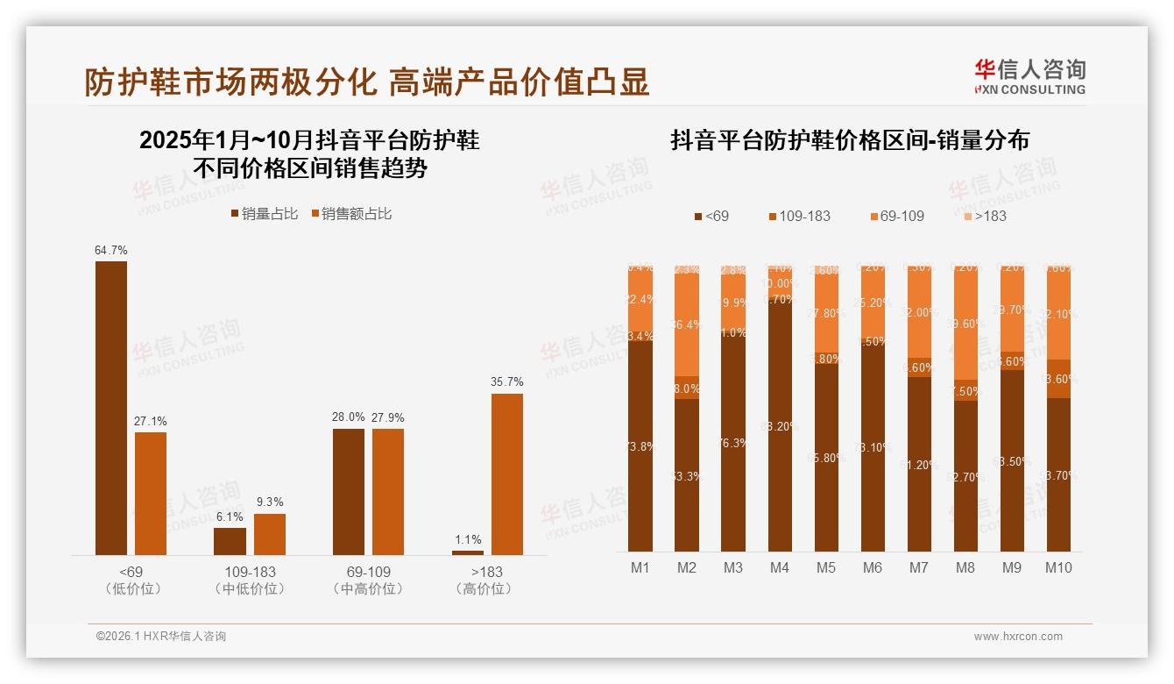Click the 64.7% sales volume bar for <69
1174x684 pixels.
(x=111, y=408)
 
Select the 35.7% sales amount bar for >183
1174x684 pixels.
(x=506, y=474)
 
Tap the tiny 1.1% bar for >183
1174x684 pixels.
(x=467, y=552)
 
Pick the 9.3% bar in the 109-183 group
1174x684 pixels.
(x=270, y=534)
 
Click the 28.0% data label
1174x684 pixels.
(x=349, y=417)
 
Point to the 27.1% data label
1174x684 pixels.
(x=151, y=421)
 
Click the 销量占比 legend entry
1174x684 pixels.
(x=265, y=214)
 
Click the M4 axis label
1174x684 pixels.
(x=779, y=567)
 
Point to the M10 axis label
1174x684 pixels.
(x=1058, y=567)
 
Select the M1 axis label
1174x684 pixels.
(x=640, y=567)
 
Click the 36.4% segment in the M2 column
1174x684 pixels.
(x=687, y=324)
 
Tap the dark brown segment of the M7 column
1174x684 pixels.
(x=919, y=464)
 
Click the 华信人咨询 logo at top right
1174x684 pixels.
(x=1029, y=76)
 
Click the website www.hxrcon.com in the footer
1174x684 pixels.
(x=1018, y=637)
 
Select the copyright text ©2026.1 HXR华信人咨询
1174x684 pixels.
(x=160, y=637)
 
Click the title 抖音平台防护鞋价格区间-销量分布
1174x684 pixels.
(x=850, y=140)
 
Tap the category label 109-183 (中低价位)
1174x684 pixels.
(x=250, y=580)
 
